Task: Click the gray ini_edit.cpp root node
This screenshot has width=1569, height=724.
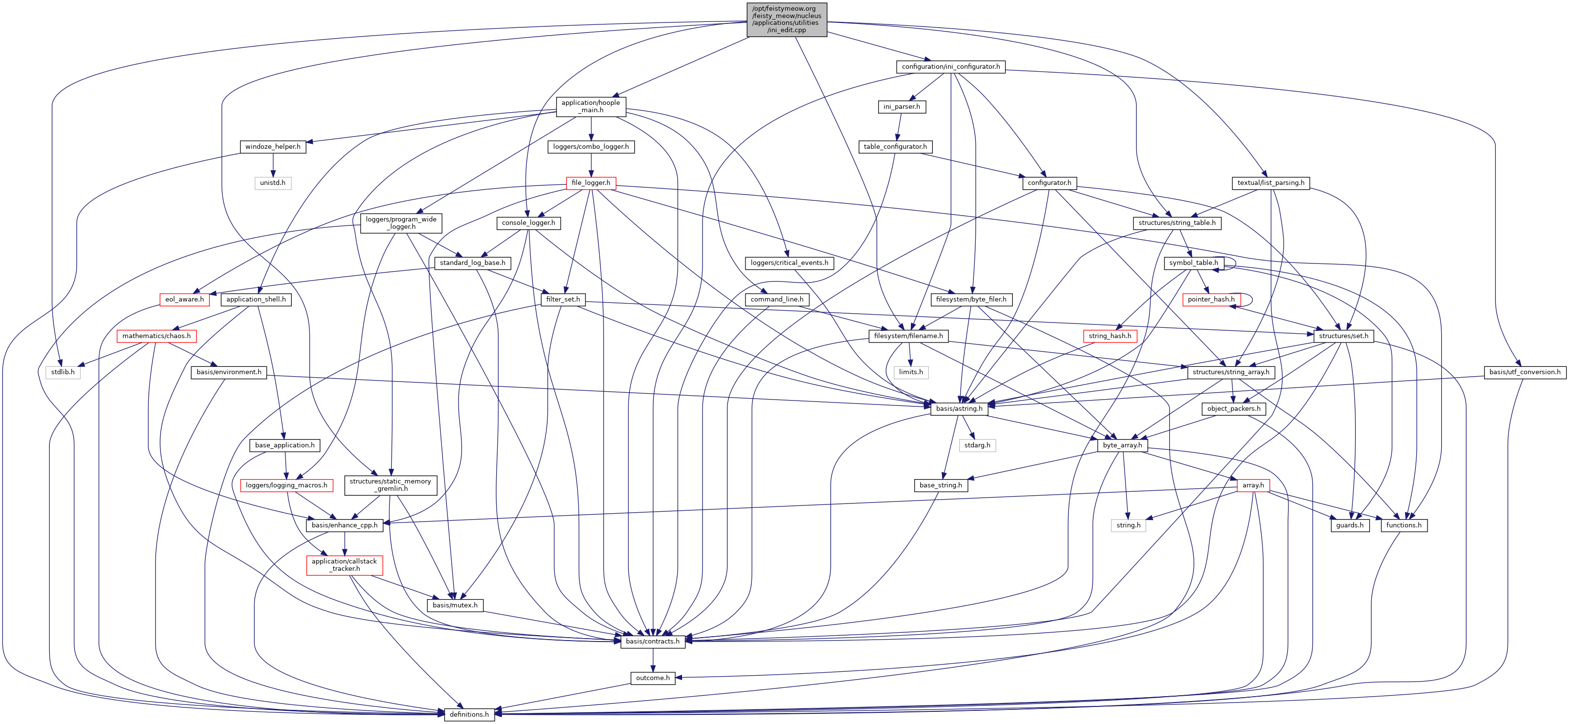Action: point(786,20)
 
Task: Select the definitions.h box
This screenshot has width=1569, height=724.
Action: point(468,714)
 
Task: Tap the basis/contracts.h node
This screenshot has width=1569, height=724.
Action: point(652,641)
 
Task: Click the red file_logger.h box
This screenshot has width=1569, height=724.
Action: point(590,182)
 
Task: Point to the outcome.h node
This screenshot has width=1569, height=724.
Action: point(652,678)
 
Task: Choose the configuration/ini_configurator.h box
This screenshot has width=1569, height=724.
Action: point(950,66)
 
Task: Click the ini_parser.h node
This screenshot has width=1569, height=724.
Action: point(902,106)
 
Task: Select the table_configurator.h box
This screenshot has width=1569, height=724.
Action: point(895,147)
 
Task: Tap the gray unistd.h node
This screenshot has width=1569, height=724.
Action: point(272,182)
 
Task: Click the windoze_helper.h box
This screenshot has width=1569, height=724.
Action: point(272,147)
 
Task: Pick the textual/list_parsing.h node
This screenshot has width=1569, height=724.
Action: point(1270,182)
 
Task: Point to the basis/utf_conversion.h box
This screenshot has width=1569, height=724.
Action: point(1525,372)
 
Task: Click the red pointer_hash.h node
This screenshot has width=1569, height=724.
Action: point(1211,299)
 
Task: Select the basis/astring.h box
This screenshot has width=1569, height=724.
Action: point(959,408)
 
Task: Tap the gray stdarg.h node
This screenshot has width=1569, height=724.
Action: point(977,445)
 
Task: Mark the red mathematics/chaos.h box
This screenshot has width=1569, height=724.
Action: point(156,336)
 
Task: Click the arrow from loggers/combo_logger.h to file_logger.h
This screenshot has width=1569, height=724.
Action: point(591,165)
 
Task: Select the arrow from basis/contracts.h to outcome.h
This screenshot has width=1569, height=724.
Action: point(653,660)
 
